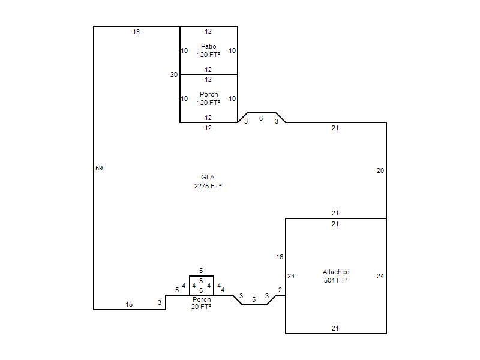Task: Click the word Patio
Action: (208, 46)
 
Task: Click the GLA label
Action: (208, 177)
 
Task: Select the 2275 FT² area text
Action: (208, 186)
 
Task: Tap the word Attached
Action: (336, 272)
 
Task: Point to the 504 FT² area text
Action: (335, 280)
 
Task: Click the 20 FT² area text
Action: (201, 307)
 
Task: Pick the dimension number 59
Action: (99, 168)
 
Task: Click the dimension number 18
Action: (136, 32)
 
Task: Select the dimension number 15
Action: (129, 304)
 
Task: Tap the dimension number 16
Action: (280, 257)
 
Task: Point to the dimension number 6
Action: (261, 118)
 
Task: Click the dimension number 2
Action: (280, 290)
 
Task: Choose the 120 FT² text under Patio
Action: (208, 55)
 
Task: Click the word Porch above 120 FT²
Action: (209, 94)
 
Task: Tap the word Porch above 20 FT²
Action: (202, 299)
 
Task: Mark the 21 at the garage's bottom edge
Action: (335, 328)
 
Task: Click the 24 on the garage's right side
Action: (380, 276)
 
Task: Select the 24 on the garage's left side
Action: (291, 276)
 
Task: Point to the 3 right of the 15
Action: (160, 302)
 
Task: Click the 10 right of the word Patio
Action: (232, 50)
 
